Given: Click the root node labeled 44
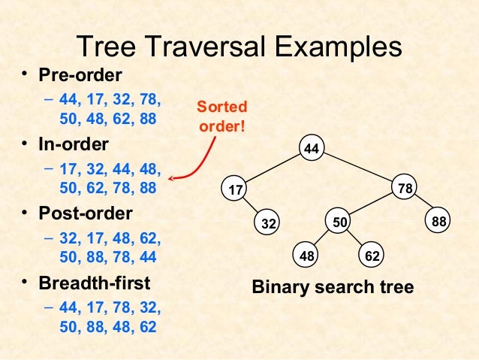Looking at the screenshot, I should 312,149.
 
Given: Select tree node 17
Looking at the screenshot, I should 236,190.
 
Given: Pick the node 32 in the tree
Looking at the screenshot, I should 269,223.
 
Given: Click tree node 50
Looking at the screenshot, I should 339,222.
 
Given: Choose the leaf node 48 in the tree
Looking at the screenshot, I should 306,256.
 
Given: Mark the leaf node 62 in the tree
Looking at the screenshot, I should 372,256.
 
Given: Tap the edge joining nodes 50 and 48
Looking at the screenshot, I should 323,239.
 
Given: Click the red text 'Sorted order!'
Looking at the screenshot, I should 222,116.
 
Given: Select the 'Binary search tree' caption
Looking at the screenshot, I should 333,288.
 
